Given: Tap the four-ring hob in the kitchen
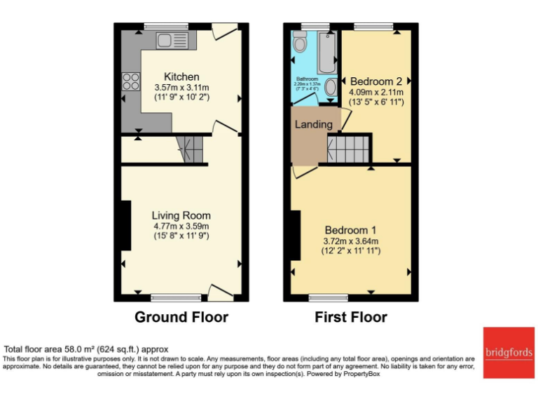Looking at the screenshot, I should coord(130,81).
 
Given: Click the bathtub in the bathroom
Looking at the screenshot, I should coord(326,53).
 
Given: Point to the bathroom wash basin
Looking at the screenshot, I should coord(331,88).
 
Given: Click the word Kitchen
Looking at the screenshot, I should coord(181,76).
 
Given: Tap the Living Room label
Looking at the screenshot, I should coord(181,215).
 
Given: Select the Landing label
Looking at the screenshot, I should coord(313,124).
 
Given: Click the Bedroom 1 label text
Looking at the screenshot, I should coord(350,230).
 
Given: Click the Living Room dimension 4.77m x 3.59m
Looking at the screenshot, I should coord(181,226).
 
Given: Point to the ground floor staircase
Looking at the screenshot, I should coord(189,149).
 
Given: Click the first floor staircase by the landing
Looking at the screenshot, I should coord(347,149).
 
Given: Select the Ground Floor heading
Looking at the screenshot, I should coord(181,317).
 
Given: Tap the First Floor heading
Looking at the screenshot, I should coord(350,317).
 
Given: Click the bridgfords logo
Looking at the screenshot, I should coord(508,352).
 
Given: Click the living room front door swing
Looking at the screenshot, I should coord(221,291).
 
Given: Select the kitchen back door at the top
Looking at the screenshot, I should coord(225,32).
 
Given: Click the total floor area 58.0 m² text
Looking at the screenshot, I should coord(86,349).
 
